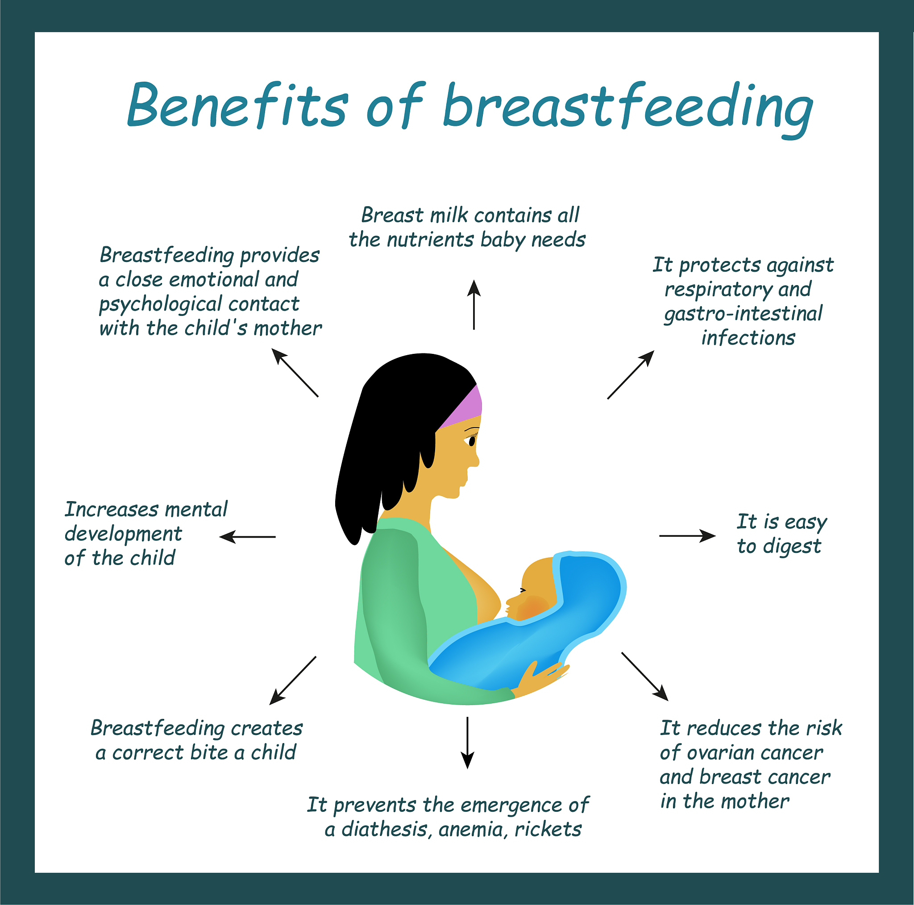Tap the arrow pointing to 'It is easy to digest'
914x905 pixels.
tap(687, 536)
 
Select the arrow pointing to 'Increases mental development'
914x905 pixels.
tap(247, 537)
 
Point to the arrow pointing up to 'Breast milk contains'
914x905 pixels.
tap(474, 305)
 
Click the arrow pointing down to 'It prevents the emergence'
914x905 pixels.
tap(467, 743)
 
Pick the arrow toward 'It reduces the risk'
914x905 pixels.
tap(645, 677)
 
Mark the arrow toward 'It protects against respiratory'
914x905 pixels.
tap(631, 375)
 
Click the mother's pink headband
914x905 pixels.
tap(461, 407)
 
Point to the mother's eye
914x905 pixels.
tap(472, 441)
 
